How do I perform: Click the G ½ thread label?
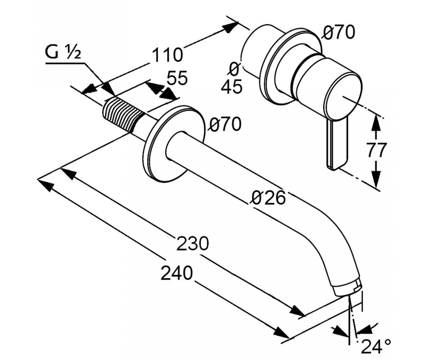coord(63,53)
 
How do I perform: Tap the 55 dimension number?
coord(177,78)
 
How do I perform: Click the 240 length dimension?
coord(177,273)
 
